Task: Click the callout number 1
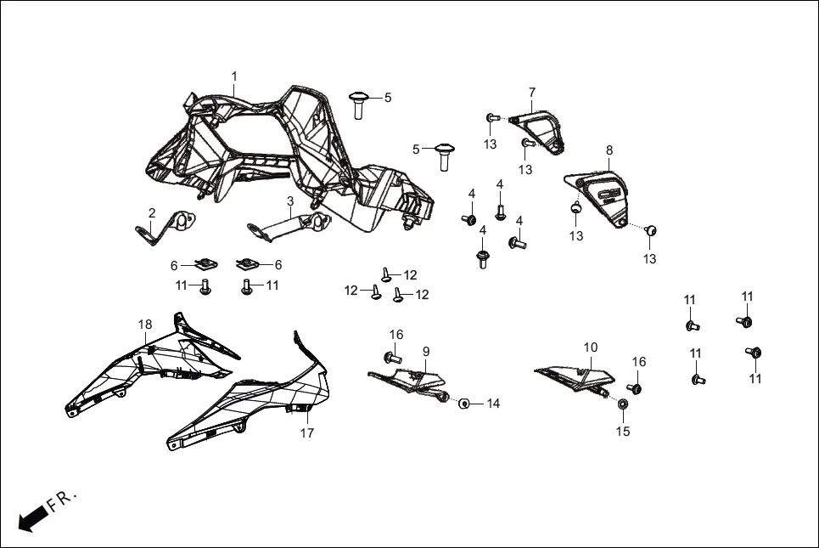[234, 76]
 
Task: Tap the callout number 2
[152, 212]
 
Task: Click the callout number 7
[532, 92]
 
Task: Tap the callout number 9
[426, 351]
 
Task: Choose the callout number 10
[591, 347]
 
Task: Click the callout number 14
[493, 404]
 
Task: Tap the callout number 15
[623, 432]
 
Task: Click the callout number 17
[306, 433]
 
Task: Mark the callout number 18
[145, 325]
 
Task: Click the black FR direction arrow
[31, 517]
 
